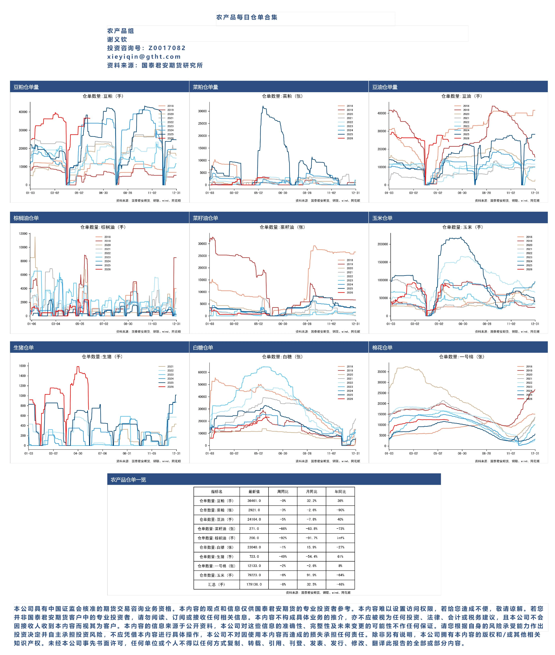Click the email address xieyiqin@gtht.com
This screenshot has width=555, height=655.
tap(144, 57)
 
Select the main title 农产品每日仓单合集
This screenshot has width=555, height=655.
tap(247, 17)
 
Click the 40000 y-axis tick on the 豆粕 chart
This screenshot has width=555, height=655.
tap(23, 112)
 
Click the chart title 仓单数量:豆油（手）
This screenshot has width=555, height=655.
tap(462, 96)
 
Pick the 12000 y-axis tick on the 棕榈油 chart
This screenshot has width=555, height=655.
tap(23, 234)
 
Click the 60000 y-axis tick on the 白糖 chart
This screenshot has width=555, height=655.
tap(202, 372)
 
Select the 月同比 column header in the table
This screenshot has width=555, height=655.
tap(311, 492)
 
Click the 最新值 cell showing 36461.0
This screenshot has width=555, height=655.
tap(254, 501)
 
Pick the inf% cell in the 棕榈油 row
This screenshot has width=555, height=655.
tap(340, 538)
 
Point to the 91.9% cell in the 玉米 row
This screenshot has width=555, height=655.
tap(311, 575)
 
